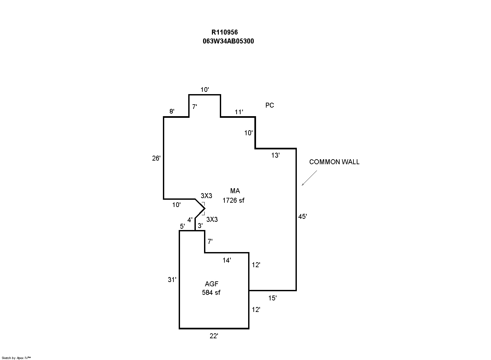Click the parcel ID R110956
click(224, 32)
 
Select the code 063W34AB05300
click(228, 41)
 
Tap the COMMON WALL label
click(334, 162)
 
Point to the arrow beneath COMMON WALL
click(309, 178)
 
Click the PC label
click(270, 105)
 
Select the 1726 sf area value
click(233, 200)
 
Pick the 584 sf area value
click(211, 292)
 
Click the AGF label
click(212, 284)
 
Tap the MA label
click(235, 191)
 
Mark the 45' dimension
click(302, 217)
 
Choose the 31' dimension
click(172, 280)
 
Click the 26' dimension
click(156, 158)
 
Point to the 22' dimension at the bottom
click(214, 336)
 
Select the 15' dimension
click(272, 298)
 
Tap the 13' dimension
click(275, 155)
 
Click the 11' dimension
click(239, 112)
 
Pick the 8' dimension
click(172, 112)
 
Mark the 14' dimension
click(227, 260)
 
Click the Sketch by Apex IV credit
click(16, 358)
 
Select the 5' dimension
click(182, 226)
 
